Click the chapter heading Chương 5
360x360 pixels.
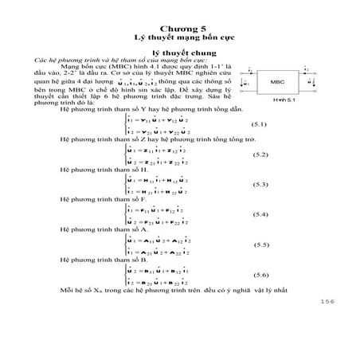pyautogui.click(x=179, y=25)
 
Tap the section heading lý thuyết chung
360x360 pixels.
pyautogui.click(x=179, y=51)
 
